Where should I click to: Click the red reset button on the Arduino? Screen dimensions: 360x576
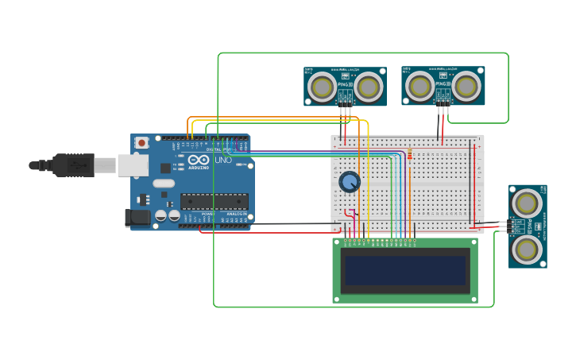141,143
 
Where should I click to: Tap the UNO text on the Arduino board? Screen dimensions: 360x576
223,160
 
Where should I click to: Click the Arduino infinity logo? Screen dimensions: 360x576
199,160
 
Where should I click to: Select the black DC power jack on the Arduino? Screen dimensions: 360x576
137,217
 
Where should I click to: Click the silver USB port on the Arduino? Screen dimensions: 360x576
133,165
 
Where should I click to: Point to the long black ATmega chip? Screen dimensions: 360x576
214,201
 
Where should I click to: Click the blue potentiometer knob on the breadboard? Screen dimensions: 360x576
349,182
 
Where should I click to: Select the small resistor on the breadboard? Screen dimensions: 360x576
409,154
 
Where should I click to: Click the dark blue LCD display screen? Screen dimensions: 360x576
404,270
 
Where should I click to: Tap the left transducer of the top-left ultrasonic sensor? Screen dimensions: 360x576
323,87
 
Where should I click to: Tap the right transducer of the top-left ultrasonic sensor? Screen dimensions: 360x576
368,87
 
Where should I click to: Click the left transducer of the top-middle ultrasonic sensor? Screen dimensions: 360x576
419,86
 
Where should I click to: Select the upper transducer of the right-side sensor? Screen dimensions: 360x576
526,203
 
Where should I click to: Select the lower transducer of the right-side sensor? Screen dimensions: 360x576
526,250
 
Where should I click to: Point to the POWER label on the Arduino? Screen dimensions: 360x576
208,214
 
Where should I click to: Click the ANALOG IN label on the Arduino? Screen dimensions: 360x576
236,214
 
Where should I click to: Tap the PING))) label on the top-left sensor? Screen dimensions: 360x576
345,83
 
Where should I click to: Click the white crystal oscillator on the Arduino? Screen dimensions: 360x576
164,184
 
